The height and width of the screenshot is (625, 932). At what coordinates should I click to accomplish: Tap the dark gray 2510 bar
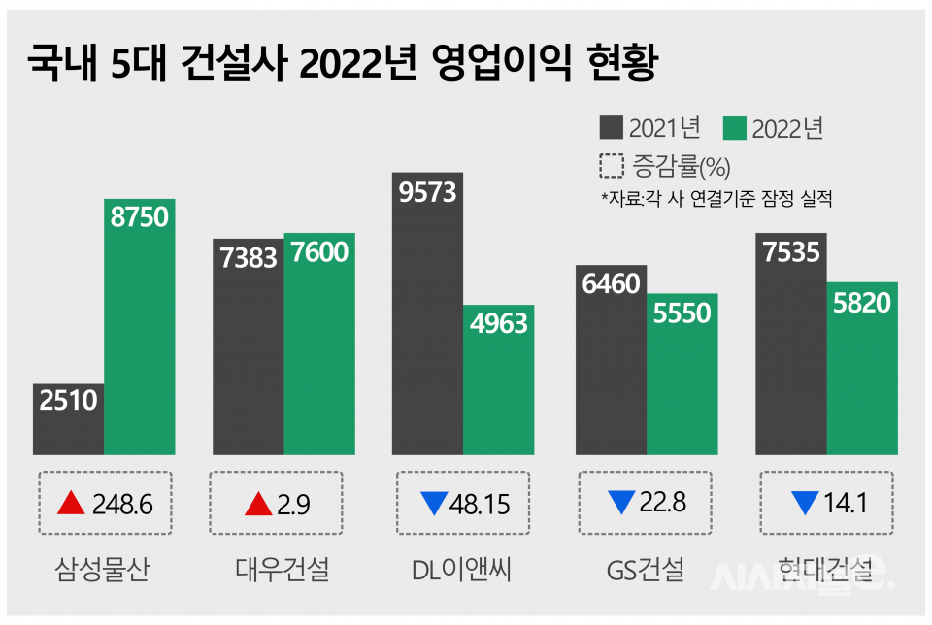coord(68,418)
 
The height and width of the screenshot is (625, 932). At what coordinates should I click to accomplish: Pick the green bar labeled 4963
coord(499,379)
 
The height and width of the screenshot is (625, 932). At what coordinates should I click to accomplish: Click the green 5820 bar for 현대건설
coord(862,368)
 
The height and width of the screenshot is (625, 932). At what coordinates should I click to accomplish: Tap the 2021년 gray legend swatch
coord(612,128)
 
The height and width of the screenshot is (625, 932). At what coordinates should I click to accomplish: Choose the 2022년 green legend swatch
coord(735,128)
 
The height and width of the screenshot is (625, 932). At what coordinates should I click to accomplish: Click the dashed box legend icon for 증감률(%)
coord(612,166)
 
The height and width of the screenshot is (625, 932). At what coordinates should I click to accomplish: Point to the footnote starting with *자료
coord(717,200)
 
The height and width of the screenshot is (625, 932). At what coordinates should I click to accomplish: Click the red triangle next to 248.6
coord(71,503)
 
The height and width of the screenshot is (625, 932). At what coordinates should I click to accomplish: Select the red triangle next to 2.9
coord(258,503)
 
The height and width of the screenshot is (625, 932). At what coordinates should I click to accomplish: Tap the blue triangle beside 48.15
coord(434,504)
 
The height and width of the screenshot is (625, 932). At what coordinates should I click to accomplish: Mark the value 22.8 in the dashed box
coord(663,503)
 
